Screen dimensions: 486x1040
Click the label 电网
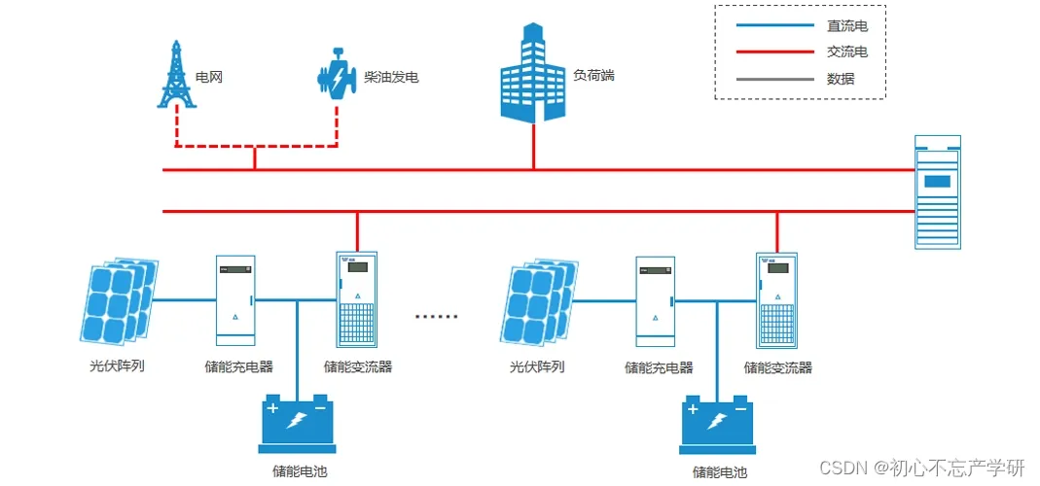[209, 76]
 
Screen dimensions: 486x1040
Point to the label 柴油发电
[391, 76]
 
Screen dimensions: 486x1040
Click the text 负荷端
[593, 75]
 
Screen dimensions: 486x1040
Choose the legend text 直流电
[841, 26]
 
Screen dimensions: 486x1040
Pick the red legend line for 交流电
[774, 52]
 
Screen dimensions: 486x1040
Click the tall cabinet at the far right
[938, 192]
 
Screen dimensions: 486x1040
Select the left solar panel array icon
[118, 301]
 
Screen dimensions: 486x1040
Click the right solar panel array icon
[538, 301]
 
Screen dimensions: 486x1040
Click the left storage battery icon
[296, 425]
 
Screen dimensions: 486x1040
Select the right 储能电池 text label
[720, 473]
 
